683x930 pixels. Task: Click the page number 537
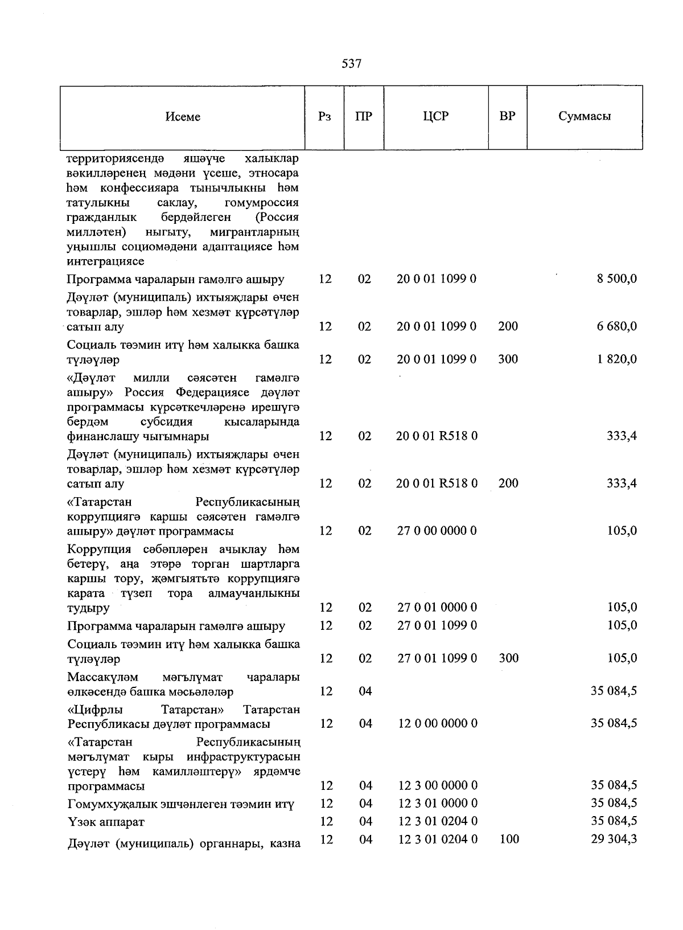351,64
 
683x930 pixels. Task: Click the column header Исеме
183,117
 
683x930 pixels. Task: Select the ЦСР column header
436,117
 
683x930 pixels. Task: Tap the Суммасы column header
585,117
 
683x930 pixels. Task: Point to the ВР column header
507,117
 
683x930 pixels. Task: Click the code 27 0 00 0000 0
437,531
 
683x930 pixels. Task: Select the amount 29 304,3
614,839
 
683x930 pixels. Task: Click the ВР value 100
508,839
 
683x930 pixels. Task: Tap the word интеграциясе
105,262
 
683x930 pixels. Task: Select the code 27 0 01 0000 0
437,608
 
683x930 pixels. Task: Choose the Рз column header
324,117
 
